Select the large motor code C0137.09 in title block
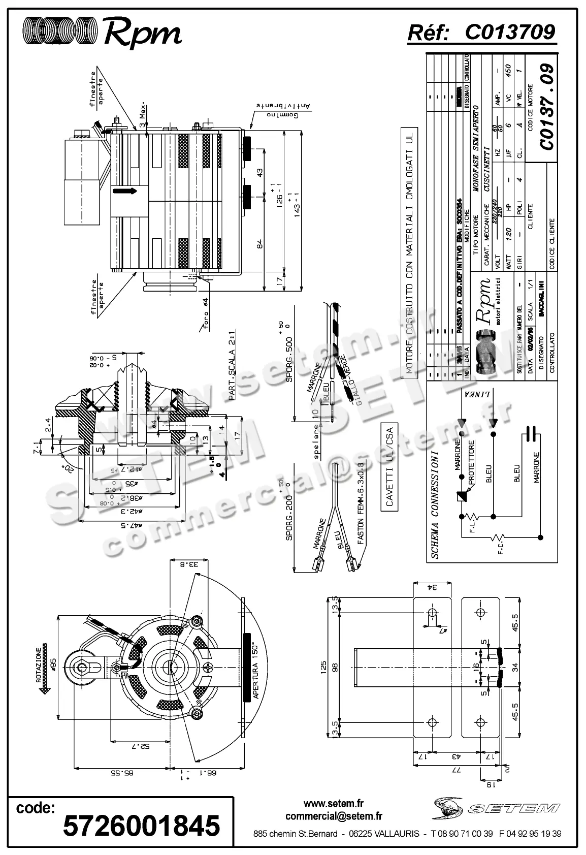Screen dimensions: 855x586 (x=546, y=107)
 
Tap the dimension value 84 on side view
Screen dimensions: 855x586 (x=259, y=245)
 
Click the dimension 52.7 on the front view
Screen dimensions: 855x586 (x=144, y=746)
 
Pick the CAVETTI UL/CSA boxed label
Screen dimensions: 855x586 (x=389, y=467)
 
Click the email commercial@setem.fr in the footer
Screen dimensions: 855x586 (x=334, y=816)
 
